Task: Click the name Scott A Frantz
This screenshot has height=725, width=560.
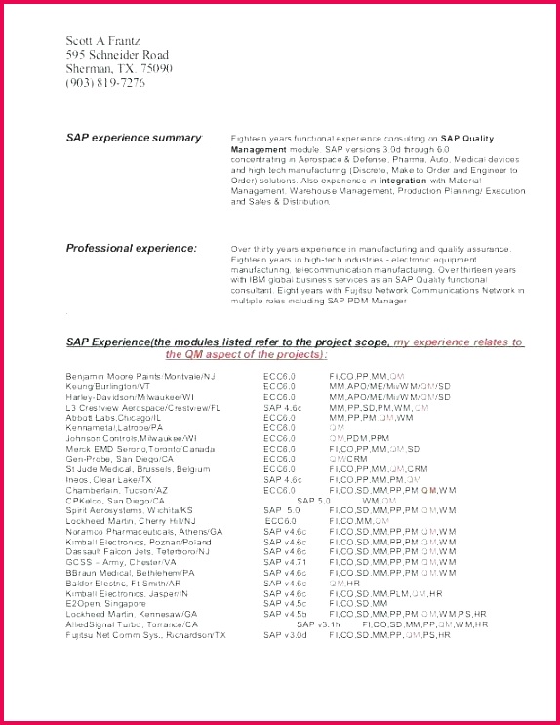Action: [103, 40]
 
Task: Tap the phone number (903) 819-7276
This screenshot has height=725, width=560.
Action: [105, 82]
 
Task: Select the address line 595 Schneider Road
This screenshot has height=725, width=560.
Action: [117, 55]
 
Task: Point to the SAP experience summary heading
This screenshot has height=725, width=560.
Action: [135, 138]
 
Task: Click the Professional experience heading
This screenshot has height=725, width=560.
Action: [131, 248]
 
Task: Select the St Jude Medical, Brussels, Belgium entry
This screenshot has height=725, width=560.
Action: [138, 469]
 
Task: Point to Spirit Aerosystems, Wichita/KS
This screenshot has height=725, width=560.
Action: [130, 510]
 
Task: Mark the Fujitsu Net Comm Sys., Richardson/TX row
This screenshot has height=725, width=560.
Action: [146, 634]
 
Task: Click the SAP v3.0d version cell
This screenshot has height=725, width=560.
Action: [285, 634]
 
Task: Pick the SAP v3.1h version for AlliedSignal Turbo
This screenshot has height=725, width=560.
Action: [319, 624]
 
